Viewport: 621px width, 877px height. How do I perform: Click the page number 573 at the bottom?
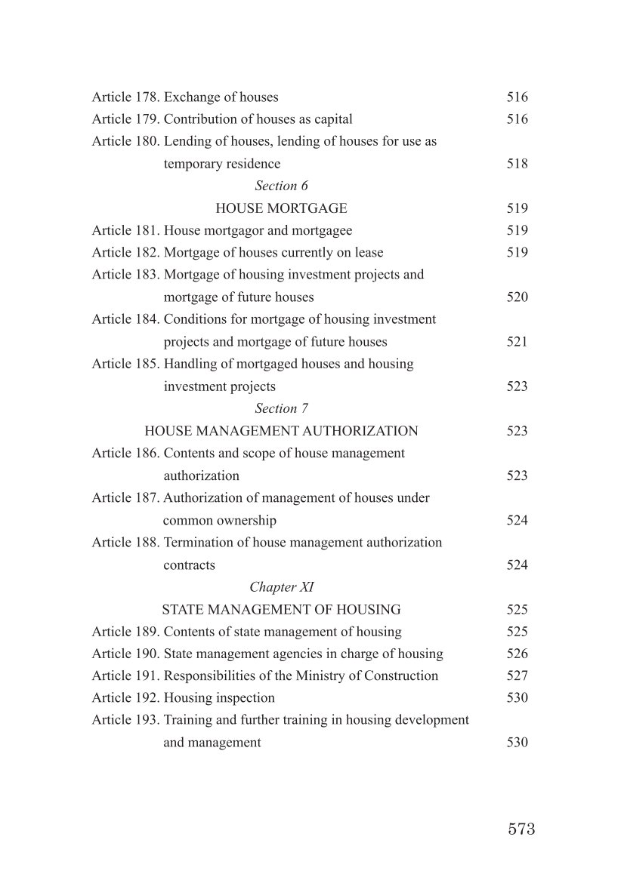pyautogui.click(x=521, y=829)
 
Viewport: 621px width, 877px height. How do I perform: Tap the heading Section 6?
pyautogui.click(x=281, y=186)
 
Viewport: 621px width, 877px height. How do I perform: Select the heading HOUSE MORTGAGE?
pyautogui.click(x=281, y=208)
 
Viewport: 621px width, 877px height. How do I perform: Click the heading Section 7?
pyautogui.click(x=281, y=408)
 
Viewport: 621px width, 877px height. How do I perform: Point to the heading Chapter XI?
pyautogui.click(x=281, y=587)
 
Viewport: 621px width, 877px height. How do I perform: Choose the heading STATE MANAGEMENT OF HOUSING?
pyautogui.click(x=281, y=610)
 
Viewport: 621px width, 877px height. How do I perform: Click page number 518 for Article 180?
pyautogui.click(x=517, y=164)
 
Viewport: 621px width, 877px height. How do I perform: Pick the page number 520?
pyautogui.click(x=517, y=297)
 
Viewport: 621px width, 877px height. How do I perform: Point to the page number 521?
pyautogui.click(x=517, y=342)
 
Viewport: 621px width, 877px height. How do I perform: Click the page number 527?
pyautogui.click(x=517, y=676)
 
